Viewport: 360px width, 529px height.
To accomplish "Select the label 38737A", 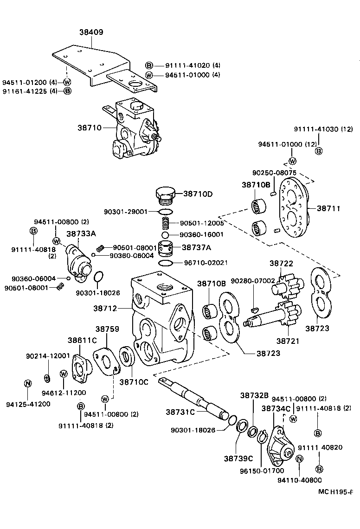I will point(197,247).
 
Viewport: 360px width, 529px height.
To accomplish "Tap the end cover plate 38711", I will point(293,209).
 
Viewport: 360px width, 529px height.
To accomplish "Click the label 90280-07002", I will point(253,281).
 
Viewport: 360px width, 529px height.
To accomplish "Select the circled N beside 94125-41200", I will point(27,383).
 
